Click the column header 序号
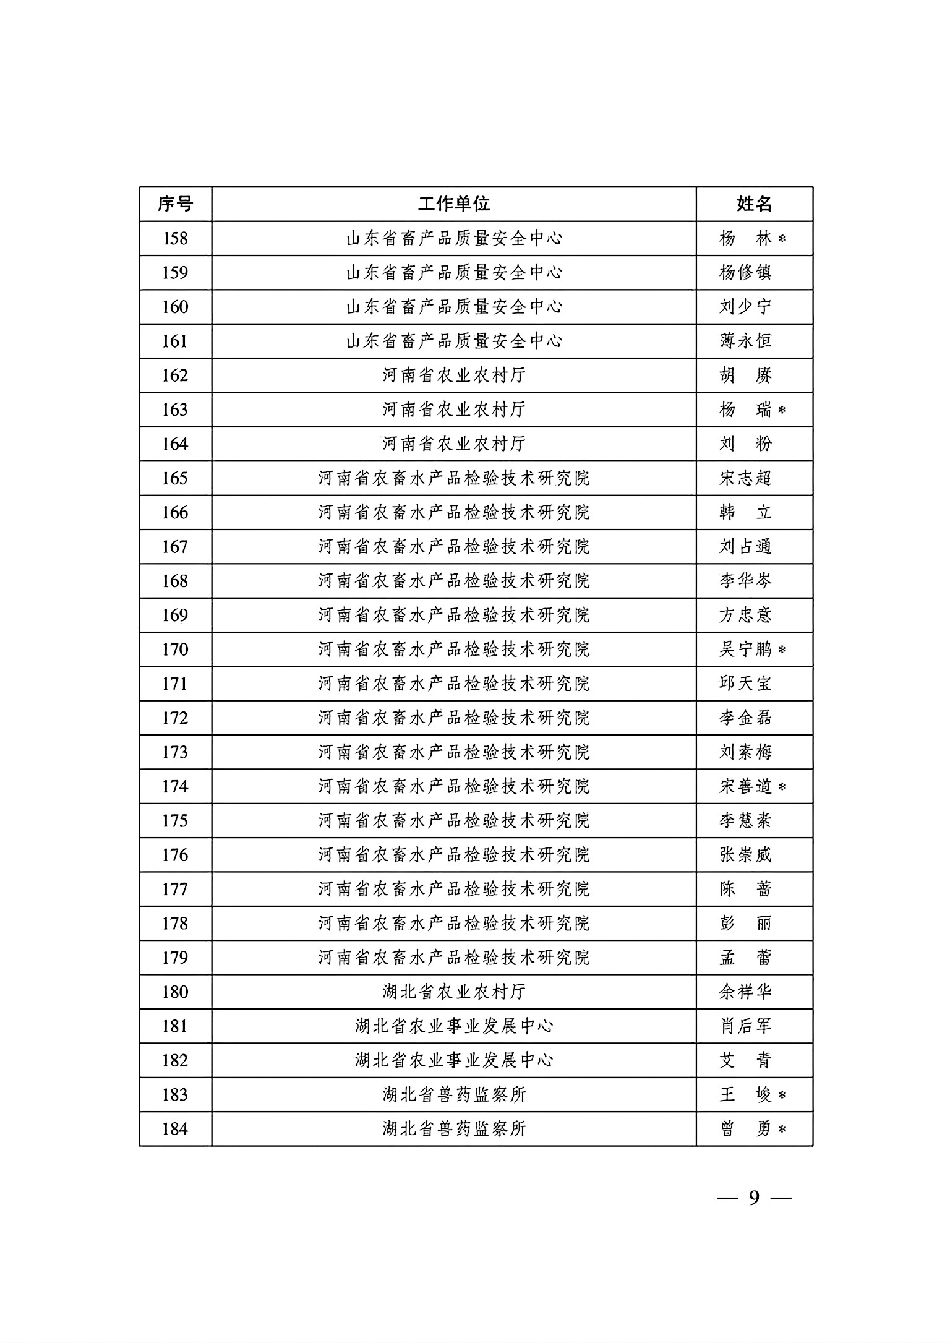click(x=175, y=204)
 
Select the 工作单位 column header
click(x=453, y=204)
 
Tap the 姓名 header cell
click(x=754, y=204)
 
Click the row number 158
click(x=175, y=238)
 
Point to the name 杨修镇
click(x=745, y=273)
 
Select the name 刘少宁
click(x=745, y=307)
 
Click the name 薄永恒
click(x=745, y=341)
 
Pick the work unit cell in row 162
click(x=453, y=375)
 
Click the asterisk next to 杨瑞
click(x=782, y=410)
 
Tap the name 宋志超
click(x=745, y=478)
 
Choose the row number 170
click(x=175, y=650)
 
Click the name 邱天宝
click(x=745, y=684)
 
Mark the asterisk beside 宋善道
click(x=782, y=787)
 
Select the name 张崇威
click(x=745, y=855)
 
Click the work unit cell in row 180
click(x=453, y=992)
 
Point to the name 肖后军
click(x=745, y=1026)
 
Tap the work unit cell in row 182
click(x=453, y=1060)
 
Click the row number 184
click(x=175, y=1129)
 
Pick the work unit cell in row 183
click(x=453, y=1095)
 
